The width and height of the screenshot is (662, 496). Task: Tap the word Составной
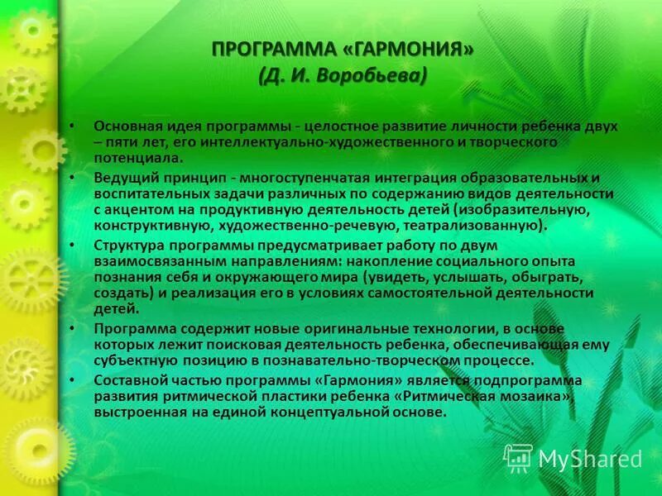tap(127, 381)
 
